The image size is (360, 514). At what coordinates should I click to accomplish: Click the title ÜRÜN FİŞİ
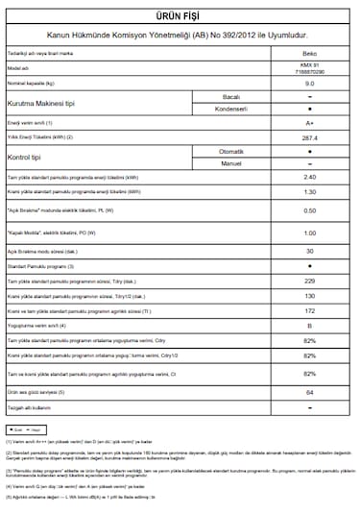[x=180, y=16]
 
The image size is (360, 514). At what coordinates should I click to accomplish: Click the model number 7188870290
[x=309, y=73]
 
